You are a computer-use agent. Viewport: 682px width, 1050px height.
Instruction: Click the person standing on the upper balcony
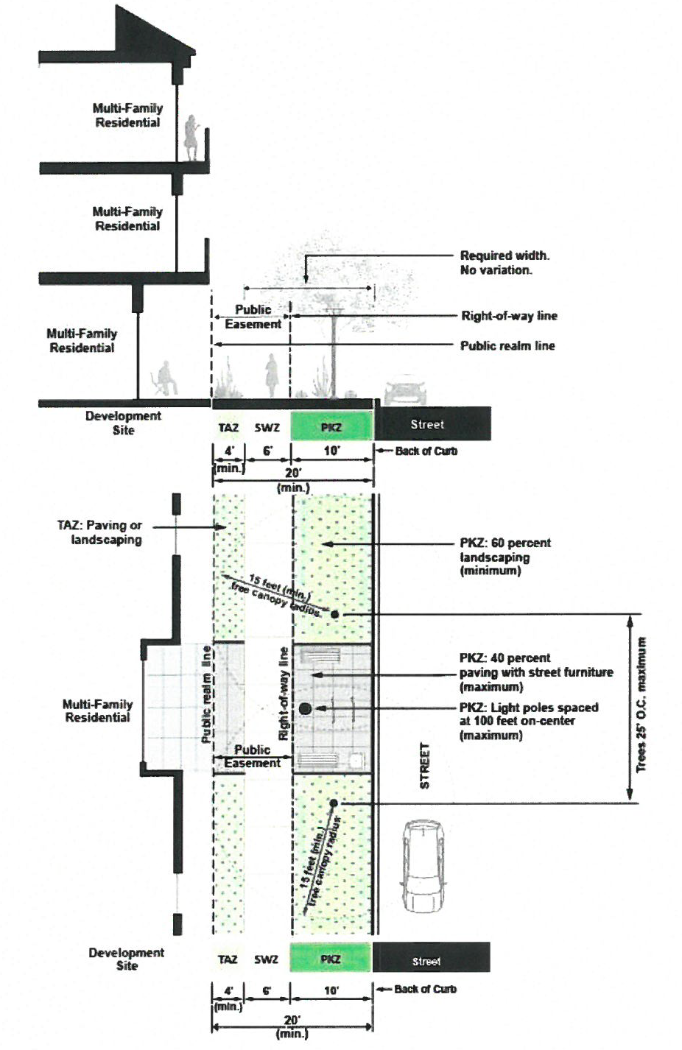pyautogui.click(x=192, y=138)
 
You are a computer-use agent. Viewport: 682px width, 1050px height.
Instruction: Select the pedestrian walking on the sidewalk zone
pyautogui.click(x=272, y=376)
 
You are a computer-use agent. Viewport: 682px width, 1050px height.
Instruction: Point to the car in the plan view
pyautogui.click(x=423, y=865)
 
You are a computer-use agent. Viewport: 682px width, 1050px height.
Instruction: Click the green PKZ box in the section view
pyautogui.click(x=332, y=426)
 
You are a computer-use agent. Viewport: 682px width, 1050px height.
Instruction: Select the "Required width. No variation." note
pyautogui.click(x=505, y=263)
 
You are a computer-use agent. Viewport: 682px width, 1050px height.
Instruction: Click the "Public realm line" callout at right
pyautogui.click(x=507, y=346)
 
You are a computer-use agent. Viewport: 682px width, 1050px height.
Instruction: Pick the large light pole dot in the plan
pyautogui.click(x=305, y=708)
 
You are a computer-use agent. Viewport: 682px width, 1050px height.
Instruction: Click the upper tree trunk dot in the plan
pyautogui.click(x=334, y=614)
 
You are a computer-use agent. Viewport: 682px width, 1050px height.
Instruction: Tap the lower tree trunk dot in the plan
pyautogui.click(x=334, y=803)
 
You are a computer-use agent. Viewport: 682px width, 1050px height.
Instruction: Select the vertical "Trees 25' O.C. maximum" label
pyautogui.click(x=641, y=705)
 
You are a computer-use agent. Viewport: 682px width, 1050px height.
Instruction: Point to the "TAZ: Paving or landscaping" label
pyautogui.click(x=99, y=532)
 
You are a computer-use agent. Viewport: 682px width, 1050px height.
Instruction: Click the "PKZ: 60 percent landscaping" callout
pyautogui.click(x=505, y=557)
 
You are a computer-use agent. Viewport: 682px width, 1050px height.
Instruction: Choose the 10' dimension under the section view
pyautogui.click(x=331, y=451)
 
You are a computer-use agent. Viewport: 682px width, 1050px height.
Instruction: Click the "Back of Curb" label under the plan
pyautogui.click(x=425, y=990)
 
